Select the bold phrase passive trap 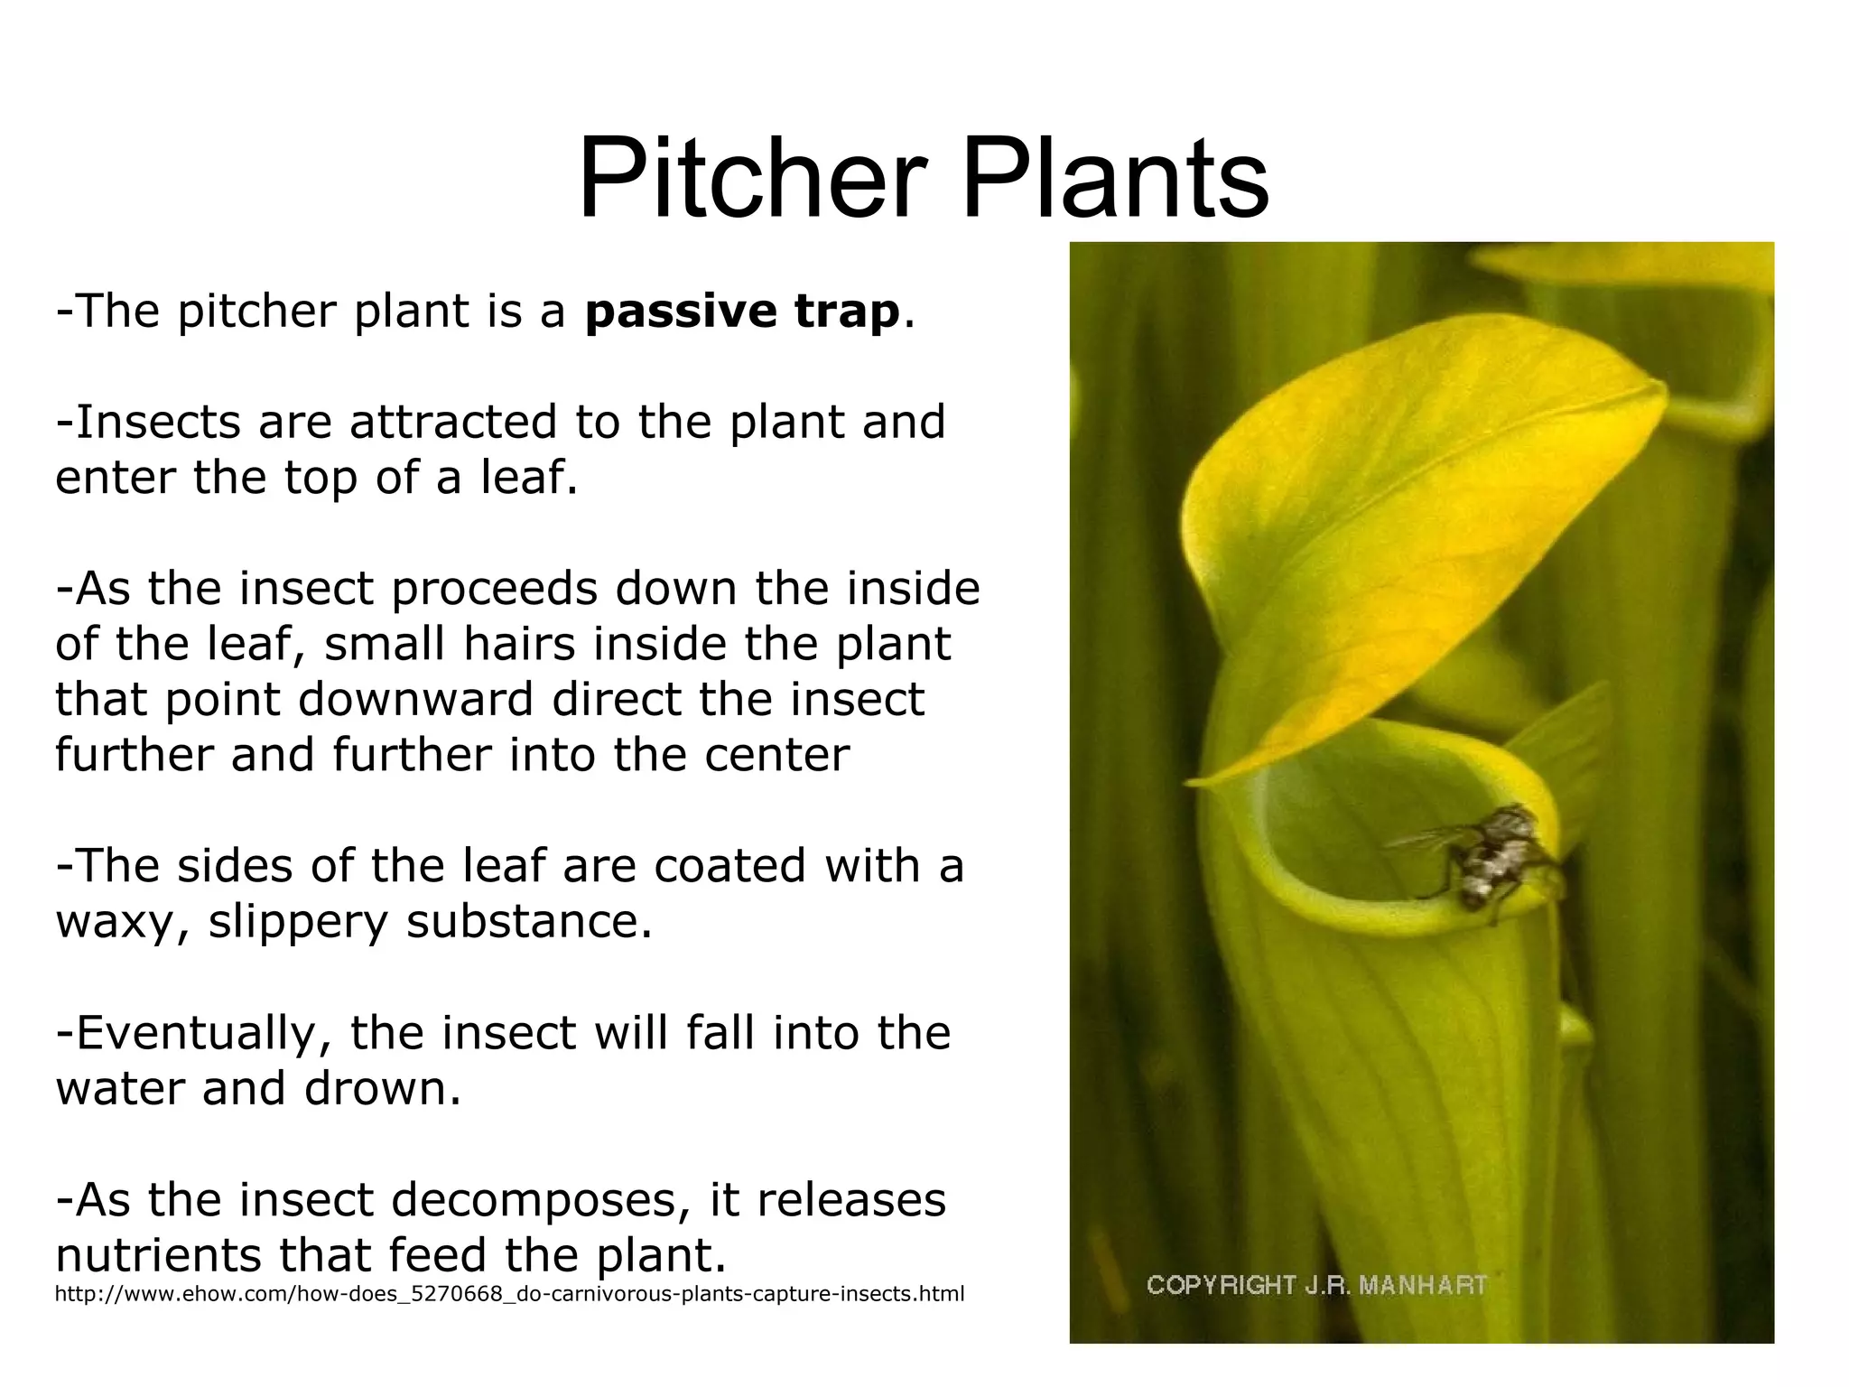(x=741, y=312)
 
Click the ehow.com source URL (x=509, y=1294)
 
